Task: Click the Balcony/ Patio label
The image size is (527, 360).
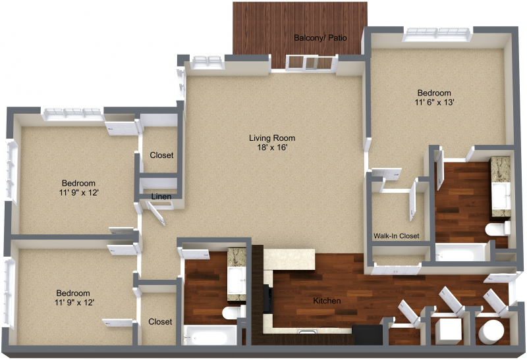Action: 320,38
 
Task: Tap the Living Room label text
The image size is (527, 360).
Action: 272,138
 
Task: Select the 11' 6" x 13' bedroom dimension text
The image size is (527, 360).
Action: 434,102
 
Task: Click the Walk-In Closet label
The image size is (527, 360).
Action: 397,236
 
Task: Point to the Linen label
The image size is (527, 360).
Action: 161,197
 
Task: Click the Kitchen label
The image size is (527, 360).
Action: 327,301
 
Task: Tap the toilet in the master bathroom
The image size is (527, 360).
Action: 497,229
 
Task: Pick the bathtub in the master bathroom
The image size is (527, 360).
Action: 461,252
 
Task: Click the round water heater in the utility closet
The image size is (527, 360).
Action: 491,332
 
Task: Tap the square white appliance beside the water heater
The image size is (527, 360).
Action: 449,331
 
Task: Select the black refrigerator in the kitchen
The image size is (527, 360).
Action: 368,334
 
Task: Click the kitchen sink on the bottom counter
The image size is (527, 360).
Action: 307,332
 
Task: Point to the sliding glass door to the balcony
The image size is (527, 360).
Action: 311,63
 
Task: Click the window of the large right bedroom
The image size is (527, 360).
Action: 437,34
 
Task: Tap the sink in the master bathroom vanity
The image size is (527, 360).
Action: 501,195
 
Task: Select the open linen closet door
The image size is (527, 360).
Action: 156,213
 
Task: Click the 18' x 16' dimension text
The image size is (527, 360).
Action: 272,147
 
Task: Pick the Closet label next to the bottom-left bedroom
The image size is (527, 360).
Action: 160,321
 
